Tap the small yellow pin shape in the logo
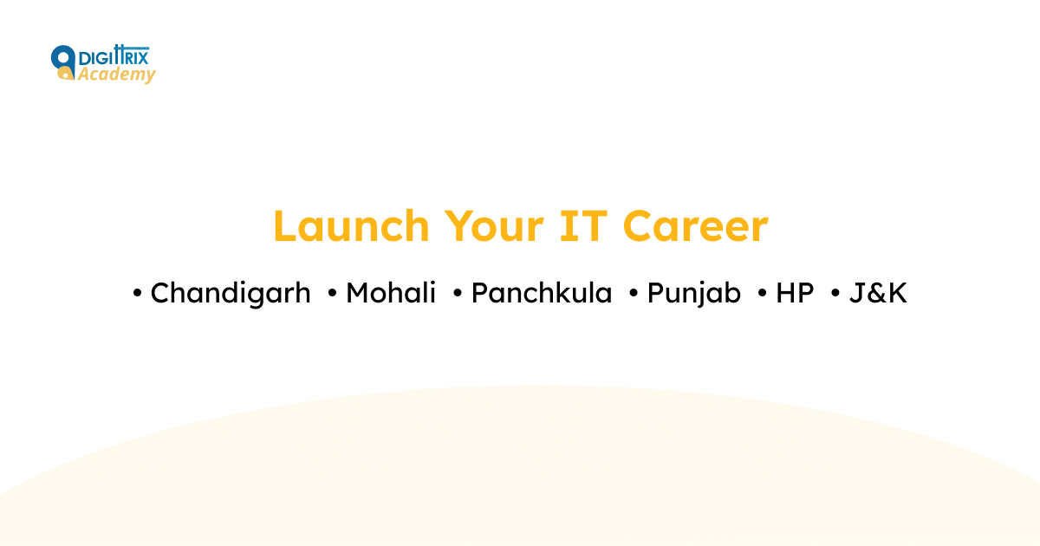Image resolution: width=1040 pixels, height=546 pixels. pyautogui.click(x=63, y=75)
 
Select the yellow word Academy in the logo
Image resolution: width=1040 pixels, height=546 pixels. pyautogui.click(x=116, y=75)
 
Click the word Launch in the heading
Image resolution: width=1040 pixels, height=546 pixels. pyautogui.click(x=351, y=226)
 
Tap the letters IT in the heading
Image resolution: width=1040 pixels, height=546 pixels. pyautogui.click(x=582, y=226)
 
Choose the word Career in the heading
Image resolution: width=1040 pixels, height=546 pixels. pyautogui.click(x=696, y=226)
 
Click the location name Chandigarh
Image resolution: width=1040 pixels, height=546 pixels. pyautogui.click(x=231, y=294)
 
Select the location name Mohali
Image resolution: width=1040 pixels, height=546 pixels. pyautogui.click(x=391, y=294)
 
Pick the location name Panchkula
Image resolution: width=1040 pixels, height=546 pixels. pyautogui.click(x=542, y=294)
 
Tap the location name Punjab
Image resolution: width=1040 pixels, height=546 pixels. pyautogui.click(x=694, y=294)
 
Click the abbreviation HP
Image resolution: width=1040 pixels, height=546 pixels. pyautogui.click(x=795, y=294)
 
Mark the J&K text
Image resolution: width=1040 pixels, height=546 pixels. pyautogui.click(x=878, y=294)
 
